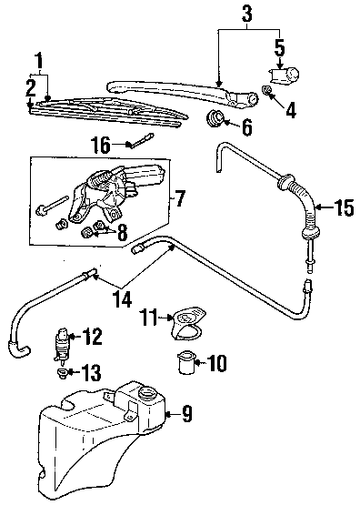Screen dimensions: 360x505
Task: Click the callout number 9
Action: [x=187, y=414]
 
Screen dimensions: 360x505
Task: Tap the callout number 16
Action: [x=100, y=145]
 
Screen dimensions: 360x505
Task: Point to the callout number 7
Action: [x=179, y=198]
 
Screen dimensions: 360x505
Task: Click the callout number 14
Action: [x=122, y=299]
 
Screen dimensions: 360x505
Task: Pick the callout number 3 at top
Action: [x=246, y=14]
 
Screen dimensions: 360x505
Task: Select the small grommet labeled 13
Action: [x=62, y=374]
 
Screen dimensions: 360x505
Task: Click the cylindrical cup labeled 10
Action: [x=186, y=363]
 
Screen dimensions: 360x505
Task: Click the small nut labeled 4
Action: [x=266, y=90]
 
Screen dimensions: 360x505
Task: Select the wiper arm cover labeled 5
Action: [x=283, y=76]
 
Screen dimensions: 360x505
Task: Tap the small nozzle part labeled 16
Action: [x=141, y=141]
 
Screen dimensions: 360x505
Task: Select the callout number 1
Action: [x=39, y=61]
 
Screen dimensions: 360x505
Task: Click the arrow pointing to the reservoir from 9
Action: [x=173, y=415]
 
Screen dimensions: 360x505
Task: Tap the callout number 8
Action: [x=122, y=232]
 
